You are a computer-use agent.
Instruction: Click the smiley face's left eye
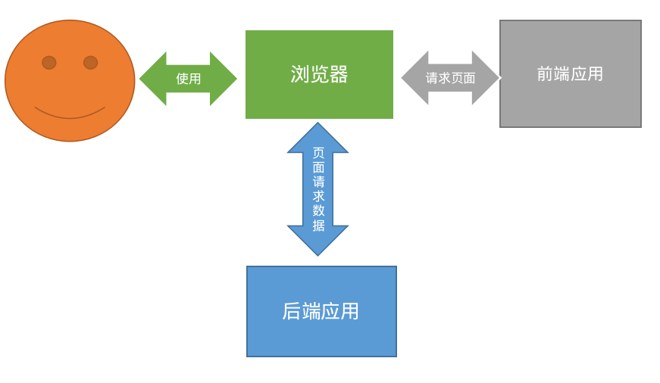pyautogui.click(x=49, y=62)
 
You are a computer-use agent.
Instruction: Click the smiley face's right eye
pyautogui.click(x=90, y=62)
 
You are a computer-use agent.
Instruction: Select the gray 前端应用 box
pyautogui.click(x=570, y=102)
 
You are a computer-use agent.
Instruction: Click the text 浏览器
pyautogui.click(x=319, y=74)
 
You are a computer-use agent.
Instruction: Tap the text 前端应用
pyautogui.click(x=570, y=74)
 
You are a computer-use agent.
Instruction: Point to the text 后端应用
pyautogui.click(x=321, y=311)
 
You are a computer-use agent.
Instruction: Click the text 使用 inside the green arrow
pyautogui.click(x=188, y=79)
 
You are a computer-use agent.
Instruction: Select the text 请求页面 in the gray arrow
pyautogui.click(x=450, y=78)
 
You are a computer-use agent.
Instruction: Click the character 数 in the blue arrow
pyautogui.click(x=318, y=210)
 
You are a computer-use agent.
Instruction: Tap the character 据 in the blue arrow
pyautogui.click(x=318, y=226)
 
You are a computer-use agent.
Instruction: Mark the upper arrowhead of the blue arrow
pyautogui.click(x=317, y=138)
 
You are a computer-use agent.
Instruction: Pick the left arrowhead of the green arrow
pyautogui.click(x=152, y=79)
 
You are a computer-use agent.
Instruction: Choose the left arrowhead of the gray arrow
pyautogui.click(x=414, y=78)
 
